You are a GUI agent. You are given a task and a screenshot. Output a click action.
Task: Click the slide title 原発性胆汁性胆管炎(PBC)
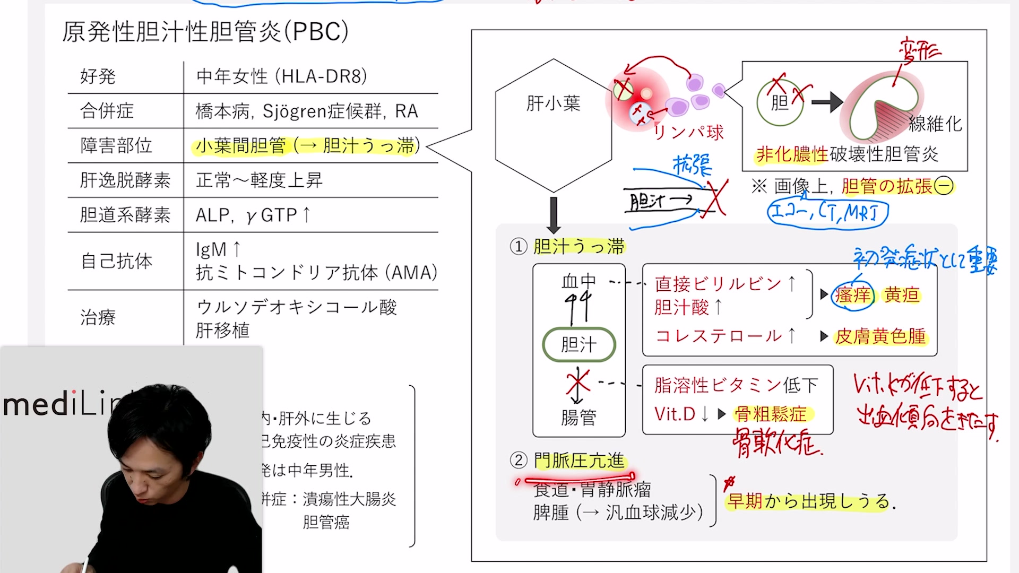point(205,32)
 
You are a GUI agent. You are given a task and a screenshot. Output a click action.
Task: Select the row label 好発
point(98,76)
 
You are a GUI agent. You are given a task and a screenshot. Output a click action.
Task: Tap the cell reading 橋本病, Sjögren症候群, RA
point(307,111)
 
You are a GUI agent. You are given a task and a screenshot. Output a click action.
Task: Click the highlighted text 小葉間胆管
point(240,145)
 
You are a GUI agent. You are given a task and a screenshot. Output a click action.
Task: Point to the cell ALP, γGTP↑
point(253,215)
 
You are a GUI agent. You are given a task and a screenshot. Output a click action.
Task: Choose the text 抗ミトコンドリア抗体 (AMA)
point(316,273)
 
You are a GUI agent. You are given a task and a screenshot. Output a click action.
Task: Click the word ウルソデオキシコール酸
point(297,307)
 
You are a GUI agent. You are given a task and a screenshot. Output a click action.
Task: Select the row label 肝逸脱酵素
point(125,180)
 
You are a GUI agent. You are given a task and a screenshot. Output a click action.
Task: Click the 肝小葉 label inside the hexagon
point(553,103)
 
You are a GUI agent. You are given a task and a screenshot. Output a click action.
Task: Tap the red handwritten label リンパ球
point(688,133)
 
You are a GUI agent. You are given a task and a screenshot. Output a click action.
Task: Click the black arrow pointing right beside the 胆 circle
point(827,102)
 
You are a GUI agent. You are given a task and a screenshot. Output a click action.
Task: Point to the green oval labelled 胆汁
point(578,345)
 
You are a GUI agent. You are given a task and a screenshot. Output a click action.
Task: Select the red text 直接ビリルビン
point(718,284)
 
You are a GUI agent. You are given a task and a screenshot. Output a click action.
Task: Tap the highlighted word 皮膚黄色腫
point(880,336)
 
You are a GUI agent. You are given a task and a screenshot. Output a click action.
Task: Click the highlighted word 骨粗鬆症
point(771,414)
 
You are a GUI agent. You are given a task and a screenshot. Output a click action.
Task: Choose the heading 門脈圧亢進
point(579,461)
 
